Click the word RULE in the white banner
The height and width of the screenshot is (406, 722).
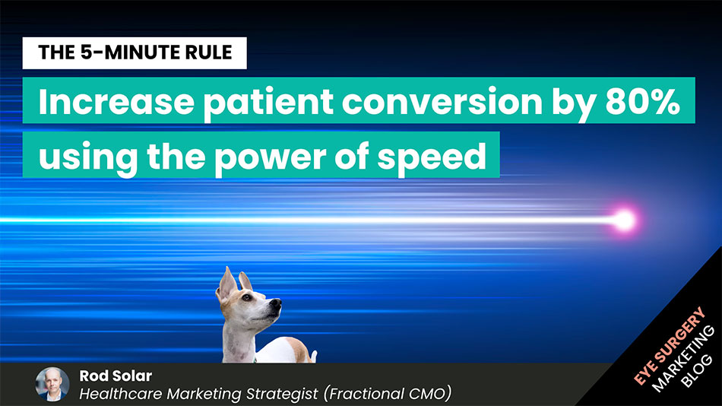click(208, 52)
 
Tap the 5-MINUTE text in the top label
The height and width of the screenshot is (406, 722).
click(131, 52)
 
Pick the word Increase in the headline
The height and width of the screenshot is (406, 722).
click(116, 102)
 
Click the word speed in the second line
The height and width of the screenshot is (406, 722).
click(432, 157)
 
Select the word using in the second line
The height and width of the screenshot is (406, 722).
click(88, 157)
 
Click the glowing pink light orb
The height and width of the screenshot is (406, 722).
click(625, 220)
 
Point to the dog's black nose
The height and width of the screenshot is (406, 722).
click(276, 303)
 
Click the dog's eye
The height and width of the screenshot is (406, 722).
click(247, 298)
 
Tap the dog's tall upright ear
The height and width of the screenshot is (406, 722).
click(227, 283)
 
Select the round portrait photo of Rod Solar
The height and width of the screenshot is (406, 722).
click(52, 385)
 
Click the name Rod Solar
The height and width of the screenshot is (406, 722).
click(116, 376)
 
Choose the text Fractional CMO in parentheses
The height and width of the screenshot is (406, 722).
click(388, 394)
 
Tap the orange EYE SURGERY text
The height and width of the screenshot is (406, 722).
click(670, 346)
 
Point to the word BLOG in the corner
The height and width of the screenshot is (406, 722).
click(696, 370)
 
